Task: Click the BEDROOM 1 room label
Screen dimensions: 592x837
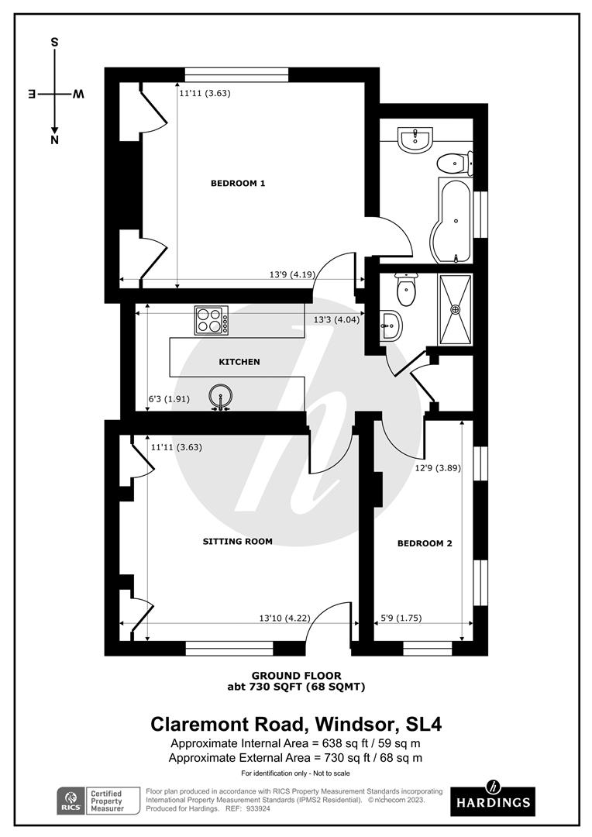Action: [x=238, y=183]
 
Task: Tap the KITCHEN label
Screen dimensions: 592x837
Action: [x=239, y=361]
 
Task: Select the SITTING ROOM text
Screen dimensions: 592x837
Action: [x=238, y=541]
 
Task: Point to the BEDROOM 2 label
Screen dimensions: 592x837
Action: [x=425, y=543]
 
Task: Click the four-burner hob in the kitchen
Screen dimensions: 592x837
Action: [x=212, y=320]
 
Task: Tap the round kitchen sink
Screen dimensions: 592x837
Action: [x=220, y=397]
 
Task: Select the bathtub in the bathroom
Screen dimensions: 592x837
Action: [x=451, y=220]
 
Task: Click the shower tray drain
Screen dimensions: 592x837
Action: [x=456, y=309]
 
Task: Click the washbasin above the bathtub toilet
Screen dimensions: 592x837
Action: [x=415, y=140]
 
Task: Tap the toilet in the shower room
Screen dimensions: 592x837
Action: [x=406, y=289]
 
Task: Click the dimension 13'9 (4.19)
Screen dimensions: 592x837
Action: [x=292, y=275]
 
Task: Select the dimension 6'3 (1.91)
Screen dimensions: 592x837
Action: [x=169, y=399]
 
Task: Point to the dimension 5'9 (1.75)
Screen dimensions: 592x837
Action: [x=401, y=618]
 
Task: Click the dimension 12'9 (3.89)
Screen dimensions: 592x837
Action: [x=438, y=468]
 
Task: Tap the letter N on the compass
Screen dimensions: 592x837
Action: [x=54, y=140]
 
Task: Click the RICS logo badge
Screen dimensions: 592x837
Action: [x=71, y=801]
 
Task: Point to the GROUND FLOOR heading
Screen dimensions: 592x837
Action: [x=296, y=676]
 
